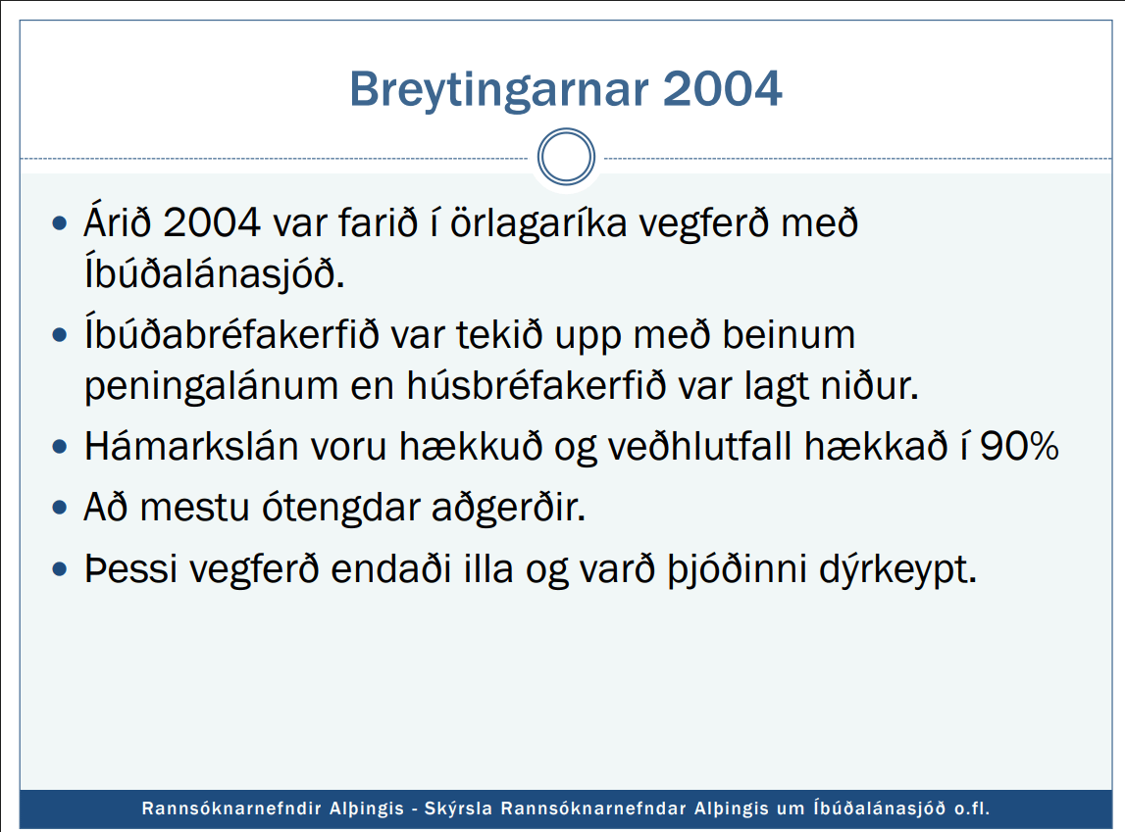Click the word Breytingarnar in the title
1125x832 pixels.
click(499, 91)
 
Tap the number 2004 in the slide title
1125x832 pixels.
click(722, 89)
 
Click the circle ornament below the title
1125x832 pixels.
click(566, 156)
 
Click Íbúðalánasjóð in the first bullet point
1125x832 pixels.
click(215, 273)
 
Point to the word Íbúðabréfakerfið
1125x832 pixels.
click(231, 334)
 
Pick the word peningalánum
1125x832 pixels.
click(211, 387)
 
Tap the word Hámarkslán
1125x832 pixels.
click(191, 446)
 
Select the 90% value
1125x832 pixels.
click(1019, 446)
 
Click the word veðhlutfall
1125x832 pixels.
click(699, 446)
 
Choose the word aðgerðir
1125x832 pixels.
click(509, 508)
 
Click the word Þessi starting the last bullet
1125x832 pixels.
click(130, 569)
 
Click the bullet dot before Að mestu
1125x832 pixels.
click(60, 508)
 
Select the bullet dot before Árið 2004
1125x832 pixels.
click(60, 223)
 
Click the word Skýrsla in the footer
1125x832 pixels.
click(458, 809)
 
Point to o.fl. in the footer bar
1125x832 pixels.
click(971, 809)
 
